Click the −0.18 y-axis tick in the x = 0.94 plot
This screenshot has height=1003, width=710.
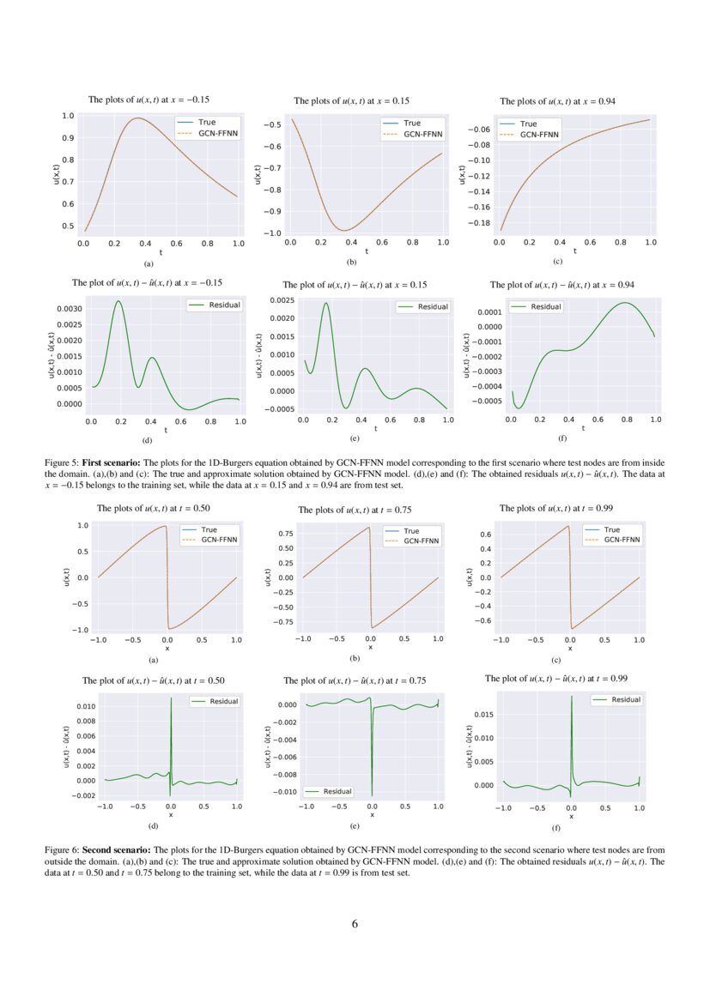point(478,222)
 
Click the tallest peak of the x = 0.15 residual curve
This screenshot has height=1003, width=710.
point(326,303)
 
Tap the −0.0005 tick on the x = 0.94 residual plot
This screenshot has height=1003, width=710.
point(479,401)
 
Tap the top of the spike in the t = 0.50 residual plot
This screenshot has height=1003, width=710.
point(171,698)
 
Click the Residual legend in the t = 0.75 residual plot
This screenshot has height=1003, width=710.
point(336,791)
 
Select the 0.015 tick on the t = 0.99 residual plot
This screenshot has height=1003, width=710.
point(483,714)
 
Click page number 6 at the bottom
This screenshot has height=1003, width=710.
point(355,924)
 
